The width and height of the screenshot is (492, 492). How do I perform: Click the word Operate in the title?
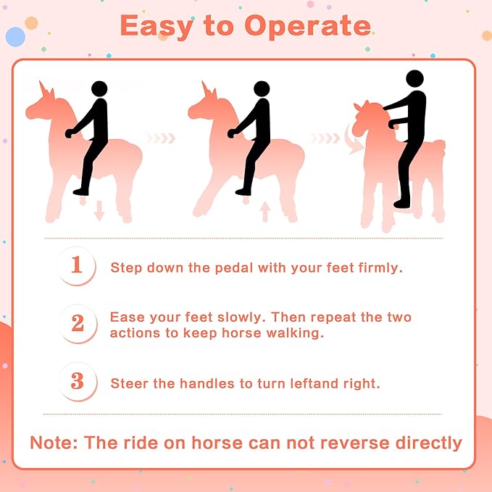pos(308,27)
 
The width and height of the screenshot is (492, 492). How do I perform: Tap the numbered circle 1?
pos(77,266)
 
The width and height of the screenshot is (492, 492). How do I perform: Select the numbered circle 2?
pos(78,323)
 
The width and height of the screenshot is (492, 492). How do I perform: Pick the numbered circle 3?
pos(78,382)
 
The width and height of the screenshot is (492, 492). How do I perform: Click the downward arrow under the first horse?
pos(99,211)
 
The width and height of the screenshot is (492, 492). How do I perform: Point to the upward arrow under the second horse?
pos(265,212)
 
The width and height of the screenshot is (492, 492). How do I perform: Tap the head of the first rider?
pos(99,89)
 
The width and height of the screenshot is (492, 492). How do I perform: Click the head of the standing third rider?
pos(414,79)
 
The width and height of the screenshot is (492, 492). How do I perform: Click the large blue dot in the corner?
pos(15,37)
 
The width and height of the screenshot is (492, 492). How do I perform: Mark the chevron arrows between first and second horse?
pos(161,138)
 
